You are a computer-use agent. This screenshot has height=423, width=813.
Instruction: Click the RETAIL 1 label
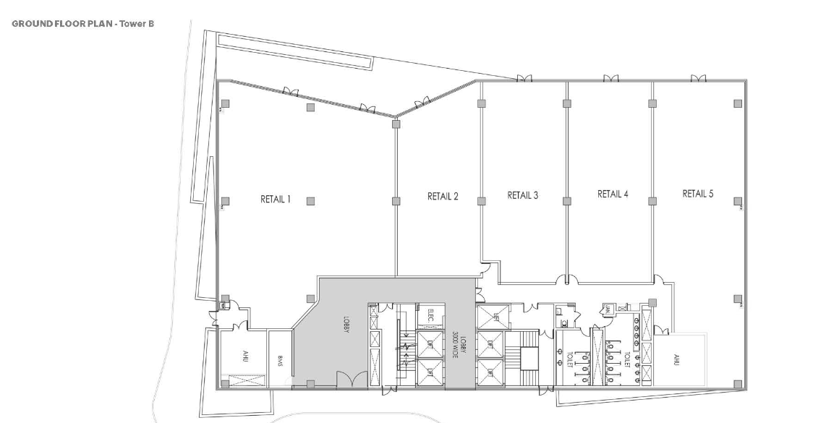[275, 200]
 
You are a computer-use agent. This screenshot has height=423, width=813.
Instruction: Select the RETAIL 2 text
[443, 196]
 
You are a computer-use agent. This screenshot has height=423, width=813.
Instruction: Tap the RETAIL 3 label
[523, 195]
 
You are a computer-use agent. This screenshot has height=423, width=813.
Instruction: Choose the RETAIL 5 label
[697, 194]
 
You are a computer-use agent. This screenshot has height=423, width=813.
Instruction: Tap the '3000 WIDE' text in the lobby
[456, 343]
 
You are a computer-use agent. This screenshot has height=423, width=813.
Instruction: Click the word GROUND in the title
[31, 24]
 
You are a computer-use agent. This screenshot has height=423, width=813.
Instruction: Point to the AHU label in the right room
[677, 359]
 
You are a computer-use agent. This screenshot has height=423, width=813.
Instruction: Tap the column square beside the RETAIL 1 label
[310, 201]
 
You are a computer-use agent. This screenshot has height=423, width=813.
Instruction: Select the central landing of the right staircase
[529, 357]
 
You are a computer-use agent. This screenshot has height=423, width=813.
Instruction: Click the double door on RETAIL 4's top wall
[613, 79]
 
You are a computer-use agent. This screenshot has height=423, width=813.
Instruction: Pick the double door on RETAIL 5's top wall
[698, 79]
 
